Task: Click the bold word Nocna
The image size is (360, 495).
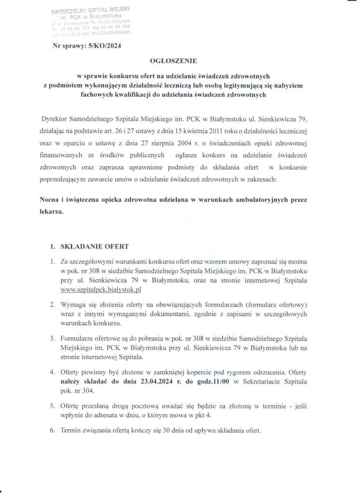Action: (x=49, y=199)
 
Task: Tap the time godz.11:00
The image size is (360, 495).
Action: (x=211, y=382)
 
